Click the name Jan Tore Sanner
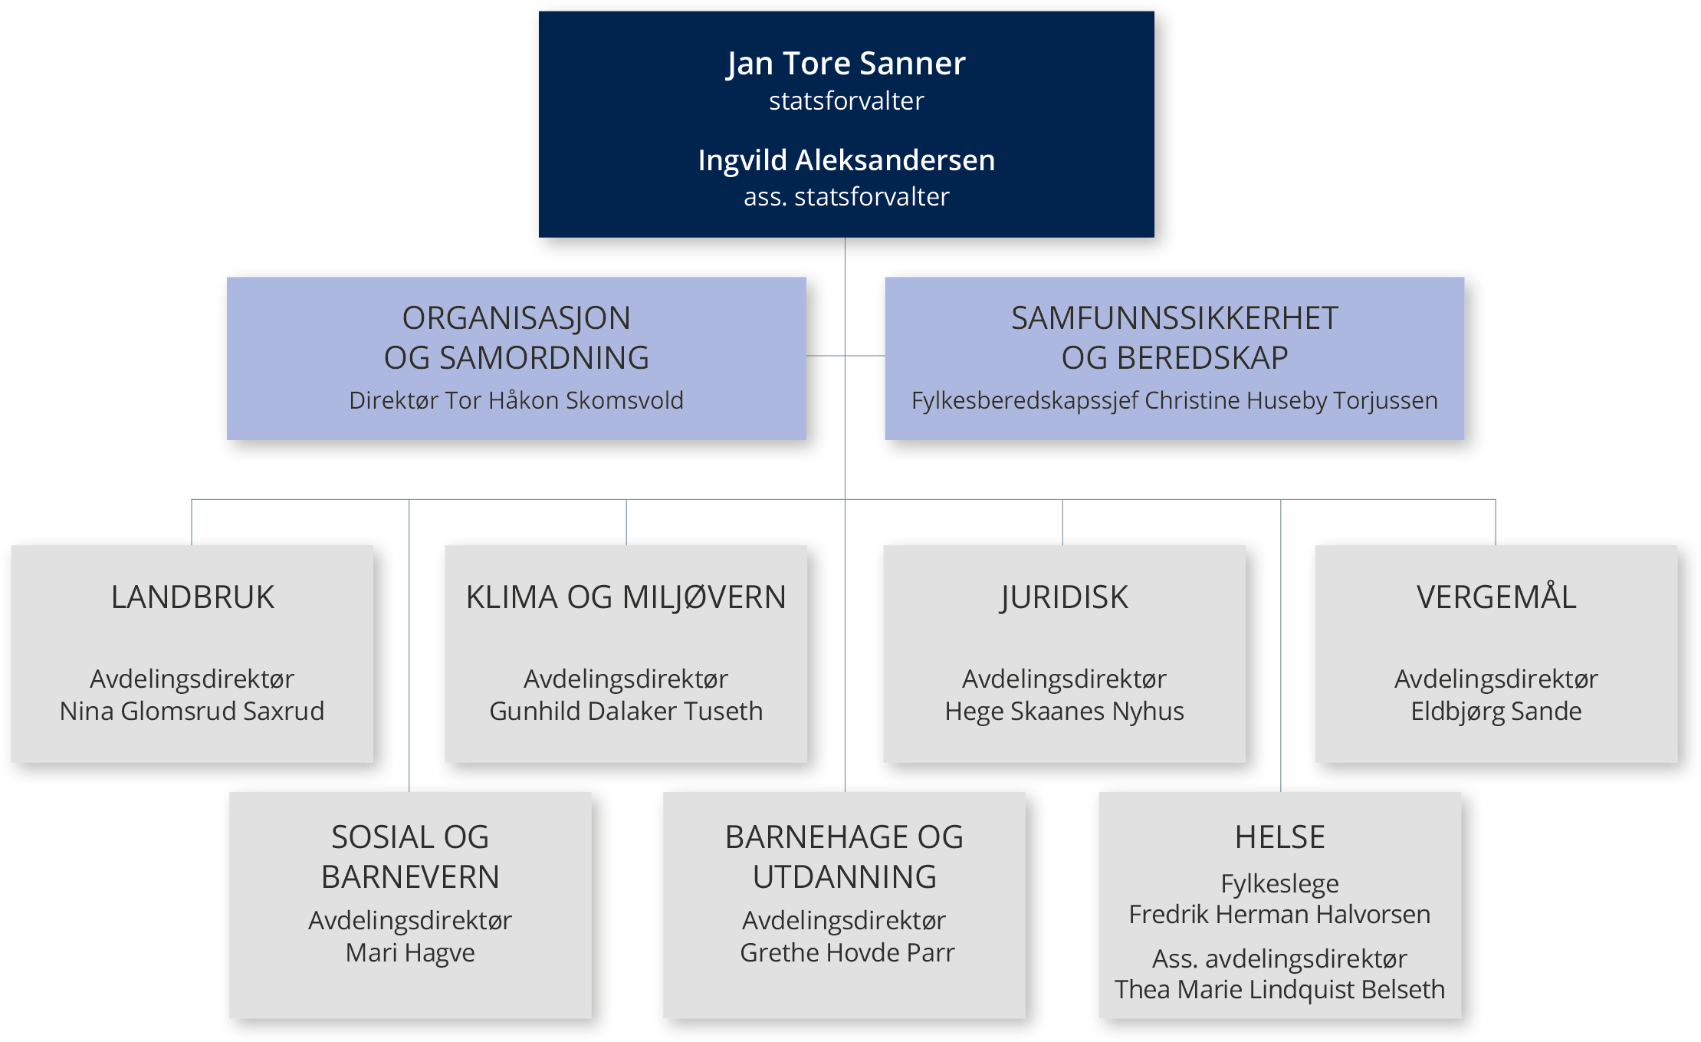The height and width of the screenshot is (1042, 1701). pos(846,64)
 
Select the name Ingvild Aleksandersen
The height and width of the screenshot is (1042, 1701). pos(846,161)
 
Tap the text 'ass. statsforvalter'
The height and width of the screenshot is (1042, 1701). pos(846,197)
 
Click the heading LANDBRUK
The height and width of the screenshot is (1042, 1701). pos(192,597)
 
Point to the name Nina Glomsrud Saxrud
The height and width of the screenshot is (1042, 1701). pos(192,712)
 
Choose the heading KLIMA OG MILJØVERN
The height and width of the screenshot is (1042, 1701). pos(626,597)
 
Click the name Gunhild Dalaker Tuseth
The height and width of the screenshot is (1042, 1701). pos(626,712)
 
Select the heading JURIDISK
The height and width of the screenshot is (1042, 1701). pos(1064,597)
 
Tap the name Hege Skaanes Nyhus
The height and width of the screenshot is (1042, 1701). pos(1064,712)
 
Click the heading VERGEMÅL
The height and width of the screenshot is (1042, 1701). pos(1496,597)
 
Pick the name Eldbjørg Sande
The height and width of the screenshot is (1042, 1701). pos(1496,712)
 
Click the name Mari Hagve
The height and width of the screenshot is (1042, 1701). pos(410,953)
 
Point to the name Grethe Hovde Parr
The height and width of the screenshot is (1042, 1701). pos(846,953)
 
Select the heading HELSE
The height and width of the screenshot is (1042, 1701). pos(1279,837)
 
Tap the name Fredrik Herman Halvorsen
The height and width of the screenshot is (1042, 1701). pos(1279,915)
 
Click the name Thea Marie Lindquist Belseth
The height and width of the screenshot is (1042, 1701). pos(1279,990)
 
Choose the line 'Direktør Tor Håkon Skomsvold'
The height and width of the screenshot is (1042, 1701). pos(516,401)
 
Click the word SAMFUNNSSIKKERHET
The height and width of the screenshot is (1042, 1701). pos(1174,319)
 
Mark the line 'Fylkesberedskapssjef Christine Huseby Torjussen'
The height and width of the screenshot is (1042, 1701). pos(1174,401)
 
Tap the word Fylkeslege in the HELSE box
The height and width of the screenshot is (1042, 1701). pos(1279,884)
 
